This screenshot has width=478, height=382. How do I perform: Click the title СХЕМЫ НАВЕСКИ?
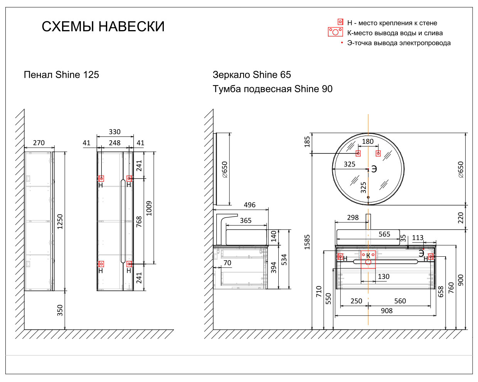pyautogui.click(x=103, y=27)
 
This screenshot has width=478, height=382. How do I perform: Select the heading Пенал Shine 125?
pyautogui.click(x=61, y=75)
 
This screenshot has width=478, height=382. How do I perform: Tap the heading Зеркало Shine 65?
pyautogui.click(x=252, y=75)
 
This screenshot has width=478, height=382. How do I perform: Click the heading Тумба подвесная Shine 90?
pyautogui.click(x=273, y=89)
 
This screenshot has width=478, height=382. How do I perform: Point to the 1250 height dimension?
pyautogui.click(x=60, y=221)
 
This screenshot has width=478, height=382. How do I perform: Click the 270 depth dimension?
pyautogui.click(x=39, y=143)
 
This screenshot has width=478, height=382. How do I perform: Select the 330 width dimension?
pyautogui.click(x=114, y=132)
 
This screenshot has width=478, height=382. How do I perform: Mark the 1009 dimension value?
pyautogui.click(x=149, y=208)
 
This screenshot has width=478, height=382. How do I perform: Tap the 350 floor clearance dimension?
pyautogui.click(x=60, y=310)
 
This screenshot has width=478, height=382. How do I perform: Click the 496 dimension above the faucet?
pyautogui.click(x=249, y=205)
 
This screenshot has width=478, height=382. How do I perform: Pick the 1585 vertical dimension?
pyautogui.click(x=307, y=242)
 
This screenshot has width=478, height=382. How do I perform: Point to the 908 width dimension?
pyautogui.click(x=386, y=311)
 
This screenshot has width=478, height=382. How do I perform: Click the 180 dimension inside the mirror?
pyautogui.click(x=368, y=141)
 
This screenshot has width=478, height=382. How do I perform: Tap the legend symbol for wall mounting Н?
pyautogui.click(x=340, y=22)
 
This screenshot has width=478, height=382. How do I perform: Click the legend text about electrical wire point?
pyautogui.click(x=399, y=43)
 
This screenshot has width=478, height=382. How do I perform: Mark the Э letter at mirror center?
pyautogui.click(x=374, y=169)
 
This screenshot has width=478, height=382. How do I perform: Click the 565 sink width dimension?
pyautogui.click(x=384, y=234)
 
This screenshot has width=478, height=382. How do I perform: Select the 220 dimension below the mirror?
pyautogui.click(x=461, y=218)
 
